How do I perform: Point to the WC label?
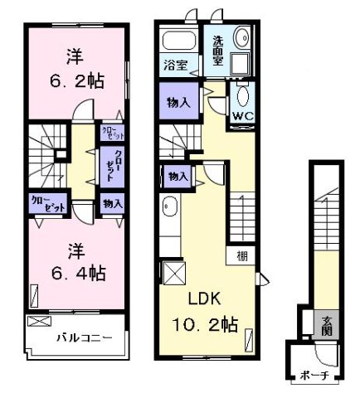[x=243, y=116]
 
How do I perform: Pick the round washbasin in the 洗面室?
[x=243, y=39]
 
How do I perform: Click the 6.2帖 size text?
[x=75, y=82]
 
